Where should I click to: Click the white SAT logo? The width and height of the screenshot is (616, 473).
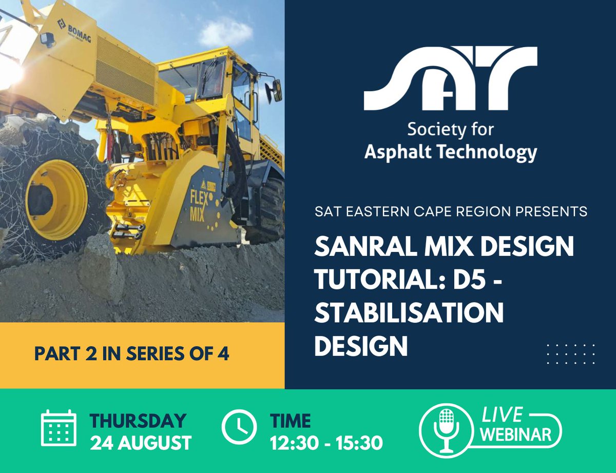450,79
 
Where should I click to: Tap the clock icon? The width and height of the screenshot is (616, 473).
239,427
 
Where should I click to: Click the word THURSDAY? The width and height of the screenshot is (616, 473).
138,421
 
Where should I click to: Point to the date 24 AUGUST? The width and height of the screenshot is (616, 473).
141,443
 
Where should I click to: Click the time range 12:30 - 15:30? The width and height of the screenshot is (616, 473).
326,443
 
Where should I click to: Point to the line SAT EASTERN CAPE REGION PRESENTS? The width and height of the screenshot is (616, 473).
451,211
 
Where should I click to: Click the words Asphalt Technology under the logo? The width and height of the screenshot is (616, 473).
451,152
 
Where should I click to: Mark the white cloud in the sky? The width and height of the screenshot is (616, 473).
226,32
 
